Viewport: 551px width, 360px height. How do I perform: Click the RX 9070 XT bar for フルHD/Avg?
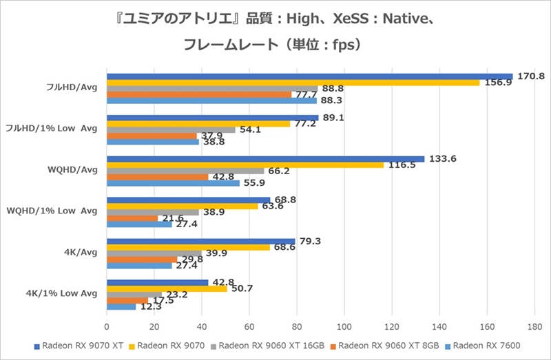[310, 76]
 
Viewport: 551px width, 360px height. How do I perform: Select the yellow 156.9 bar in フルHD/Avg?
[293, 83]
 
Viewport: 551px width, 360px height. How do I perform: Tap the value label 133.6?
[442, 158]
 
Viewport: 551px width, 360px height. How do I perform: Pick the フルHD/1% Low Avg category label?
[52, 127]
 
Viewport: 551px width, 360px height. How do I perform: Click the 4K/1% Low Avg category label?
[61, 293]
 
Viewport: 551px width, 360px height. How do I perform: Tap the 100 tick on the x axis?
[344, 327]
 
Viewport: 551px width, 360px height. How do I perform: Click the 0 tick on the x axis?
[107, 327]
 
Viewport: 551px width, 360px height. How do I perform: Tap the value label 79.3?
[309, 241]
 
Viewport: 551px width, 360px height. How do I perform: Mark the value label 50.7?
[240, 289]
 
